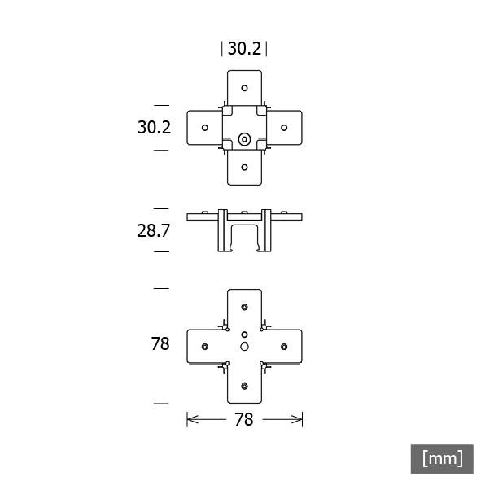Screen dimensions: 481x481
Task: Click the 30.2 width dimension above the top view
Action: tap(244, 49)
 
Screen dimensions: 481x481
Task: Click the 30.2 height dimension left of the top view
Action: tap(154, 127)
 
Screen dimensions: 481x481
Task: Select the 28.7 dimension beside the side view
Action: tap(153, 230)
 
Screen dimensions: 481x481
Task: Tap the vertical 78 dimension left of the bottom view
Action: tap(160, 343)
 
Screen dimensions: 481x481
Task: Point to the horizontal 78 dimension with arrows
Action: tap(244, 419)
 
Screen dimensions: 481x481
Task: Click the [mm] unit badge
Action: tap(442, 459)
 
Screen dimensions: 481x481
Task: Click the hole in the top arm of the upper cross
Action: tap(244, 88)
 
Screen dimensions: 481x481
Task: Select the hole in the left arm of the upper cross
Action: tap(205, 128)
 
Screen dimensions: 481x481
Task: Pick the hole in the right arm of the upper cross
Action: tap(284, 128)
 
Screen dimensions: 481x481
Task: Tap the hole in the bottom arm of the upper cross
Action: tap(244, 167)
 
